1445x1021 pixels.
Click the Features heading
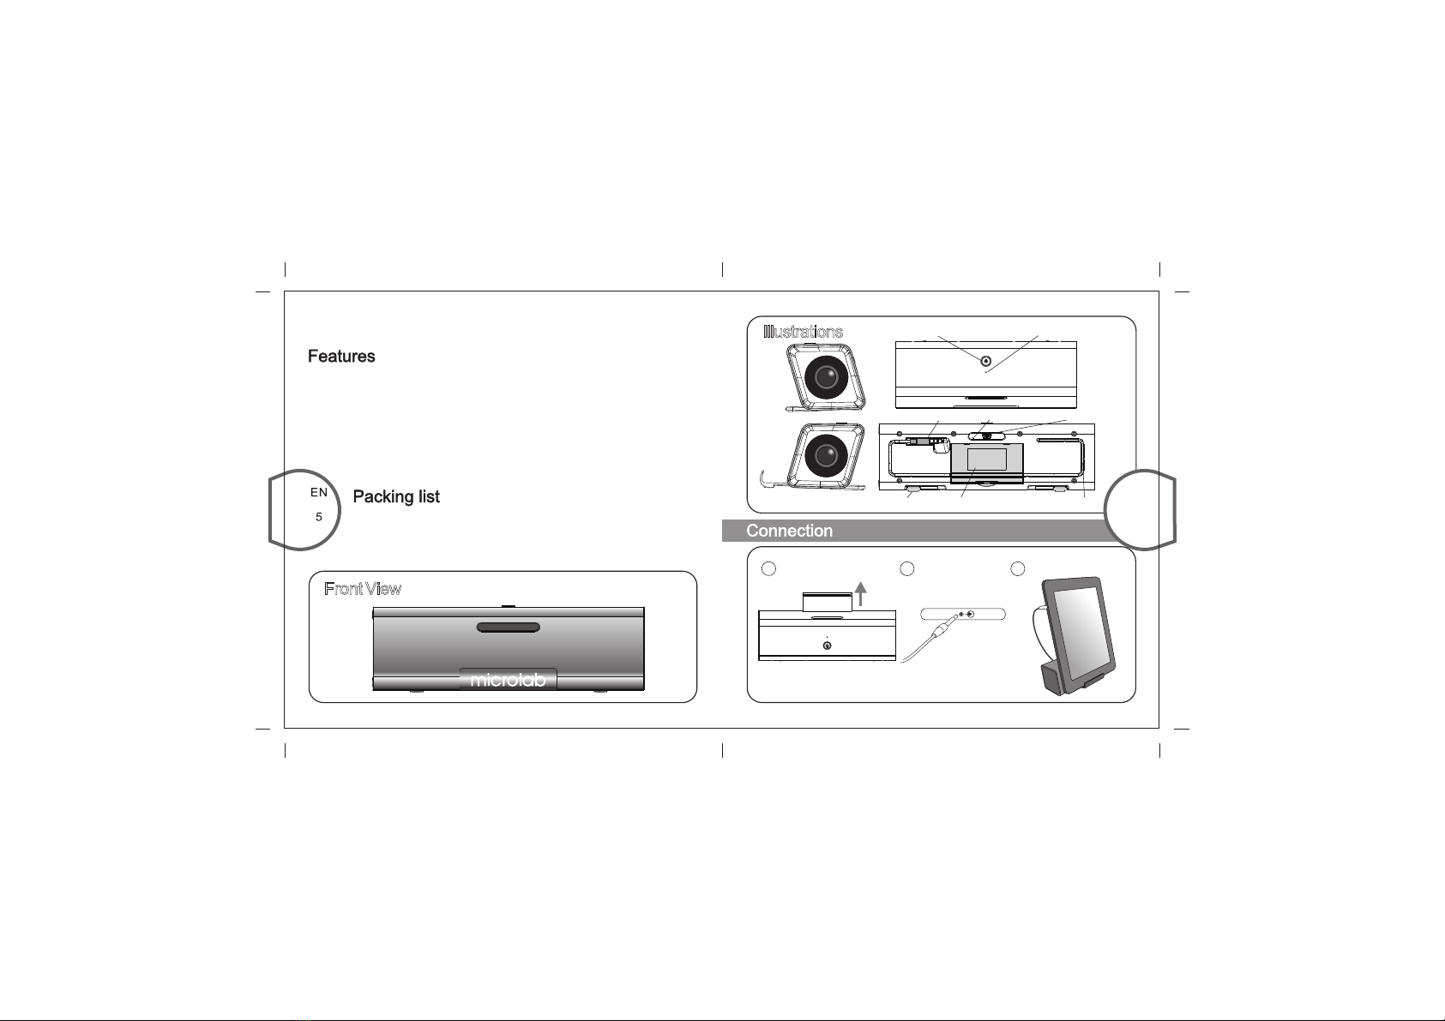[341, 357]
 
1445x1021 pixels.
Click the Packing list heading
[396, 497]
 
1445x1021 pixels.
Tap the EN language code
[318, 492]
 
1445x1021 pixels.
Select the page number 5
[318, 517]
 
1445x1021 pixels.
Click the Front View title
[363, 589]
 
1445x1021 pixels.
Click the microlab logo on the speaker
[508, 680]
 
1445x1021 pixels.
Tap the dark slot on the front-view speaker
[508, 628]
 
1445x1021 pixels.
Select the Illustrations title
[804, 332]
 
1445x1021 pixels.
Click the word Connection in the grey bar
[789, 532]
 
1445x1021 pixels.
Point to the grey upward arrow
[859, 592]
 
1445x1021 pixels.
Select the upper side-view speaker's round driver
[827, 377]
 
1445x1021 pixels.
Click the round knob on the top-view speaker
[986, 361]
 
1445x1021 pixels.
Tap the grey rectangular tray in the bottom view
[986, 459]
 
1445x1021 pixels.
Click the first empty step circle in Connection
[769, 568]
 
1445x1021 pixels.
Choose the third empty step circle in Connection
[1018, 568]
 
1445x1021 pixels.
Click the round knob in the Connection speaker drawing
[826, 646]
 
